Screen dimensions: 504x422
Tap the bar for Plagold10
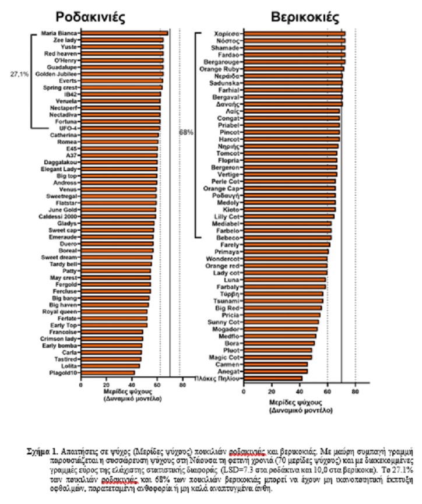pos(107,372)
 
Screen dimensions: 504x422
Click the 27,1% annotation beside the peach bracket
pos(19,75)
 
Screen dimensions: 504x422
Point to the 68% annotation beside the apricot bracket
pos(186,132)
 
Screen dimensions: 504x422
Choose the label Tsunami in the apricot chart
pos(224,301)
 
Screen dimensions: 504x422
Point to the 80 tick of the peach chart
pos(182,385)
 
